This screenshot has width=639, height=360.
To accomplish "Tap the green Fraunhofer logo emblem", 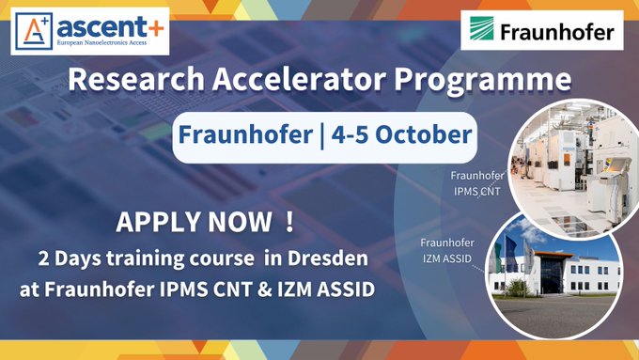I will pyautogui.click(x=485, y=33).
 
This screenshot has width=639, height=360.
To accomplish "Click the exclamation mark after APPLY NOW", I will pyautogui.click(x=288, y=225).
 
